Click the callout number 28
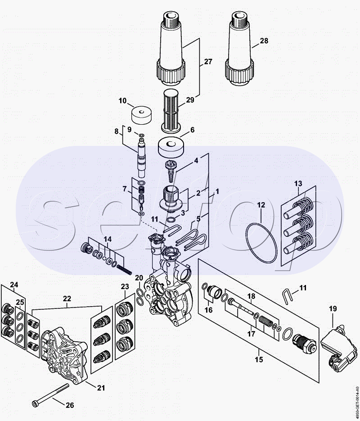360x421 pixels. (264, 41)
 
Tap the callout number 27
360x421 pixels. (208, 62)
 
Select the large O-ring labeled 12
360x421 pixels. (262, 243)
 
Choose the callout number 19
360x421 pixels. (333, 309)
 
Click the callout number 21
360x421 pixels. (101, 388)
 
